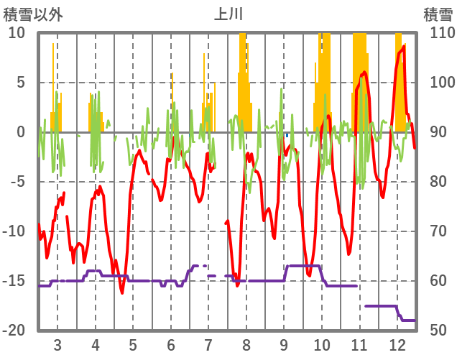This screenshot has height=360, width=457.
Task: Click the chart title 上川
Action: click(228, 14)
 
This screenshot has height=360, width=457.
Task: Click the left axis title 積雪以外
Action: click(29, 14)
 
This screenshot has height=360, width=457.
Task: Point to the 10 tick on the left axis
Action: click(17, 33)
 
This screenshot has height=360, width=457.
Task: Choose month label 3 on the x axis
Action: click(57, 344)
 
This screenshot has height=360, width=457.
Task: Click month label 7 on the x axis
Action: click(208, 344)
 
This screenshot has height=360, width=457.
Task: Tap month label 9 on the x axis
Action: click(284, 344)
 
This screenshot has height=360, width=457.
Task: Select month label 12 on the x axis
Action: click(397, 344)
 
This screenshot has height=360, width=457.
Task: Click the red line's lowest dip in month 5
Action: click(122, 292)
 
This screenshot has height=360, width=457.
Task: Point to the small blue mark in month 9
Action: click(287, 135)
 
